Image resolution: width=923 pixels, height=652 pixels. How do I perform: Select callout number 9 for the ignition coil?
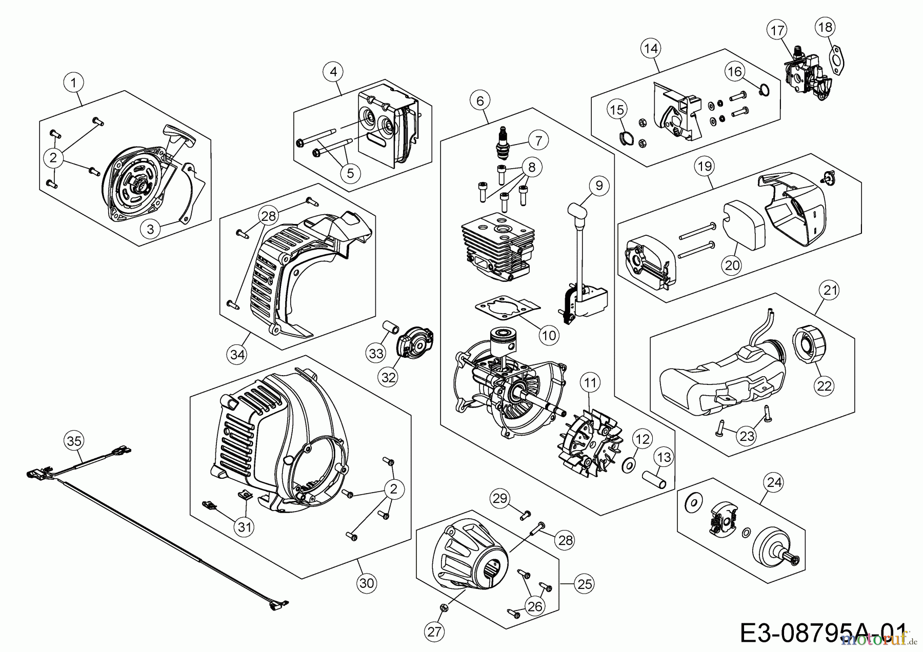pos(598,186)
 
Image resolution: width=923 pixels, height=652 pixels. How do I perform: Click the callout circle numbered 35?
pos(74,441)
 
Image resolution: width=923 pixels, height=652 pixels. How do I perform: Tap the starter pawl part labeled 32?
pos(415,342)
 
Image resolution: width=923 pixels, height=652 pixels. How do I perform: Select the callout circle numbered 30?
pos(367,583)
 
